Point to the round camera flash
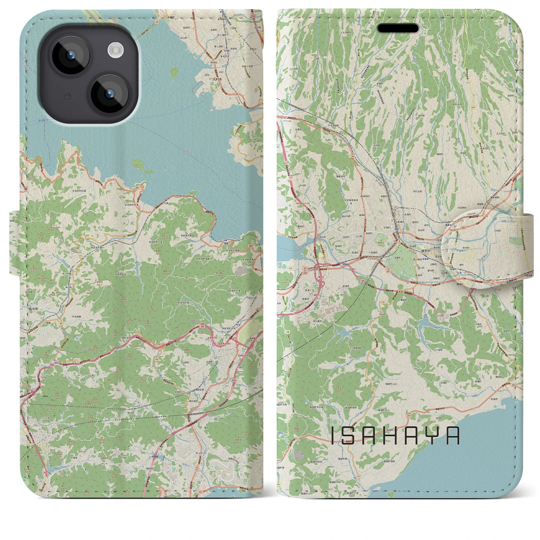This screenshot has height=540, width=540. tap(115, 51)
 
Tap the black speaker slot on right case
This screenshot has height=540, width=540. tap(398, 28)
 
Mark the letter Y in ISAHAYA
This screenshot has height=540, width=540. tap(432, 436)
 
